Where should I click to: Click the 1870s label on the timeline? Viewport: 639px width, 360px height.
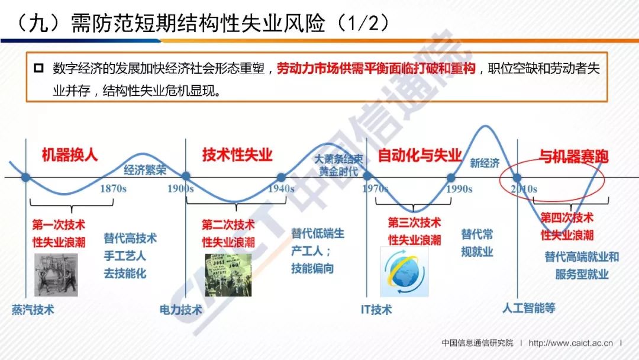pyautogui.click(x=113, y=189)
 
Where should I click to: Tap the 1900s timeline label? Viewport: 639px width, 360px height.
pyautogui.click(x=180, y=189)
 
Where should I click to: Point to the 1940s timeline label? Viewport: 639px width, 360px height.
pyautogui.click(x=281, y=189)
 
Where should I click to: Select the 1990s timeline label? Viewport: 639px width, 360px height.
pyautogui.click(x=459, y=189)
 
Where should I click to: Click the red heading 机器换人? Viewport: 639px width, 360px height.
pyautogui.click(x=70, y=155)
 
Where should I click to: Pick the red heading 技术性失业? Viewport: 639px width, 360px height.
pyautogui.click(x=237, y=155)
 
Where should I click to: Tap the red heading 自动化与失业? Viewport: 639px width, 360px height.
pyautogui.click(x=419, y=155)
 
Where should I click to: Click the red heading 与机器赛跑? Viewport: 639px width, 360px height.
pyautogui.click(x=573, y=156)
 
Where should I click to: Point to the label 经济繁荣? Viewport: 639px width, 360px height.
pyautogui.click(x=145, y=169)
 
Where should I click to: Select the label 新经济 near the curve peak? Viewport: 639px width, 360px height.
pyautogui.click(x=485, y=163)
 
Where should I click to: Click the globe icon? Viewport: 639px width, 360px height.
pyautogui.click(x=404, y=272)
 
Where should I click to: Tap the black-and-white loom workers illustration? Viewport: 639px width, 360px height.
pyautogui.click(x=56, y=275)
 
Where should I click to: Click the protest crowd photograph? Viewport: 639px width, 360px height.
pyautogui.click(x=228, y=275)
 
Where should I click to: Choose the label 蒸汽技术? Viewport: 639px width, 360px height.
pyautogui.click(x=33, y=310)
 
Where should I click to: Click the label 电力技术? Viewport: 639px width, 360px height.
pyautogui.click(x=180, y=310)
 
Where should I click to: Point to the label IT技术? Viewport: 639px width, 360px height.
pyautogui.click(x=376, y=310)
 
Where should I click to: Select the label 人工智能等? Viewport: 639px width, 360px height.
pyautogui.click(x=528, y=308)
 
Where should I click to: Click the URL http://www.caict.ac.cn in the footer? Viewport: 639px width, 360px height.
pyautogui.click(x=570, y=343)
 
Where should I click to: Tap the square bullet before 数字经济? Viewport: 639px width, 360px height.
pyautogui.click(x=38, y=67)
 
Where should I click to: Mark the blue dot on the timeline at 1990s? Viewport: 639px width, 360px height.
pyautogui.click(x=451, y=178)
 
